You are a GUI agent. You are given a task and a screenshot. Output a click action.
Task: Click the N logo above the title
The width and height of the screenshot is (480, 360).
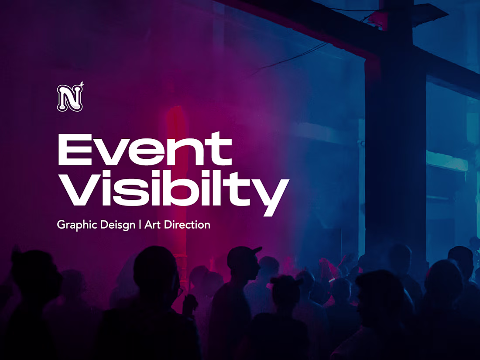tap(69, 98)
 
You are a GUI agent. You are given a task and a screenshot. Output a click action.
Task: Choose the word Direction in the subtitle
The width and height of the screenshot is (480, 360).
tap(186, 225)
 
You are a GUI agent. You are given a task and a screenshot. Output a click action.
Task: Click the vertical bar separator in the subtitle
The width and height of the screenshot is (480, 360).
tap(140, 225)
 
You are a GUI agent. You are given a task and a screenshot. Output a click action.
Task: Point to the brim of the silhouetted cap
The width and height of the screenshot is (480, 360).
tap(257, 250)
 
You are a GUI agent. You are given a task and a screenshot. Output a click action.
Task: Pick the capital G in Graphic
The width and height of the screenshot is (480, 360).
tap(61, 225)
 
